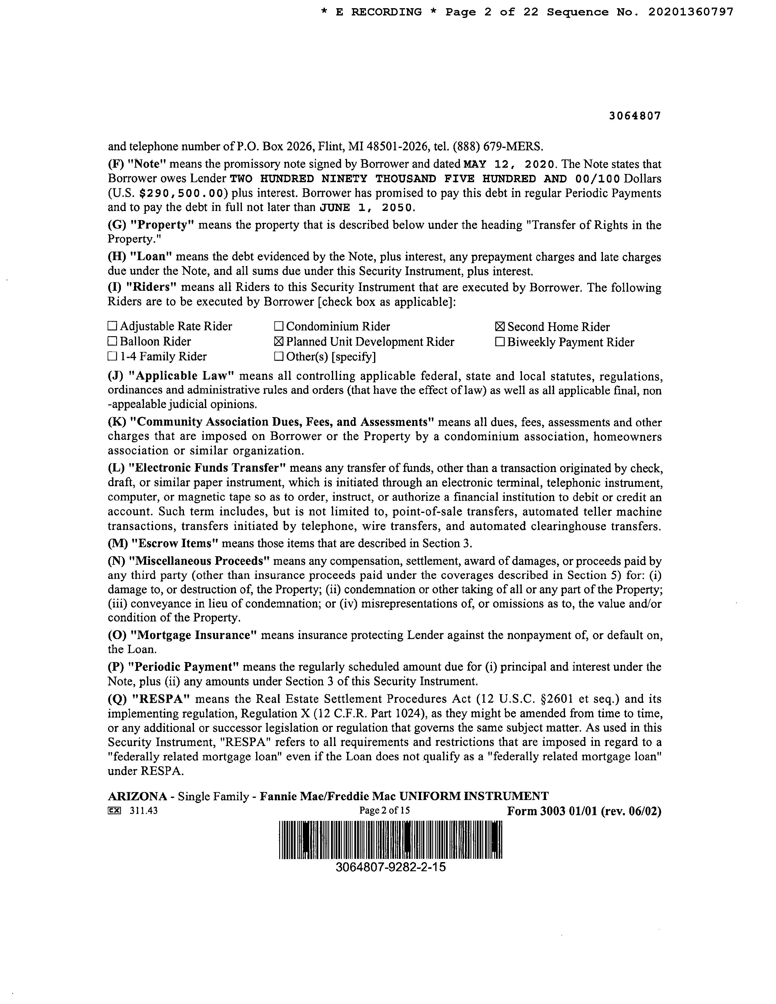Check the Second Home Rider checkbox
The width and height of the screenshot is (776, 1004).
(x=500, y=327)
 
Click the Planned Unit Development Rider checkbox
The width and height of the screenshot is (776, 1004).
(x=279, y=342)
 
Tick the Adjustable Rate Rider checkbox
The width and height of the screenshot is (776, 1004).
(x=112, y=326)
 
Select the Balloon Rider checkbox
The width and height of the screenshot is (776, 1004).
(x=112, y=342)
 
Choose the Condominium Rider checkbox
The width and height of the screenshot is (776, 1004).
(x=279, y=327)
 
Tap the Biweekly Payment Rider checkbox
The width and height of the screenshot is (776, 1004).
(x=500, y=342)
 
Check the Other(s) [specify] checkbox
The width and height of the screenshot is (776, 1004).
(x=279, y=357)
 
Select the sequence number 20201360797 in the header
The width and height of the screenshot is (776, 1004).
(x=691, y=12)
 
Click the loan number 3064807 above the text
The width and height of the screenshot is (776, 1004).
(x=635, y=116)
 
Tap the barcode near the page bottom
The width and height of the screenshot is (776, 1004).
(x=390, y=840)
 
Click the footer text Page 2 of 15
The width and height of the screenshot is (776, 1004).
(x=384, y=811)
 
